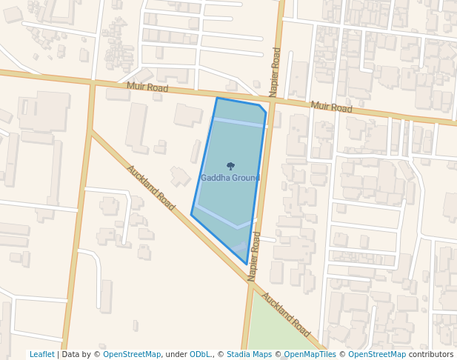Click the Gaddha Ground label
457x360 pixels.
230,179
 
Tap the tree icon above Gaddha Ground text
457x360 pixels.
230,167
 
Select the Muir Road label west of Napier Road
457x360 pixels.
147,87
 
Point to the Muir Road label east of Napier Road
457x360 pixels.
331,107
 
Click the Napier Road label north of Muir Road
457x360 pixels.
275,72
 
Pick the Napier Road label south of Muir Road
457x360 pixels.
254,256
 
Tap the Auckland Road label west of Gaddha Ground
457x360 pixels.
150,187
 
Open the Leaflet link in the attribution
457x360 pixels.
41,355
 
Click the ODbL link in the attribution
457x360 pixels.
200,355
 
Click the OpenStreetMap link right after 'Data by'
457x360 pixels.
132,355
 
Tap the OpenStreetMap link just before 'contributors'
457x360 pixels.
377,355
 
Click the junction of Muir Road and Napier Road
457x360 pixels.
272,101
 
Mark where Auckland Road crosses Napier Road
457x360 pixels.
249,279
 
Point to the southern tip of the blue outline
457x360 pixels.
247,264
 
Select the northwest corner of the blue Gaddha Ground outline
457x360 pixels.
217,98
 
